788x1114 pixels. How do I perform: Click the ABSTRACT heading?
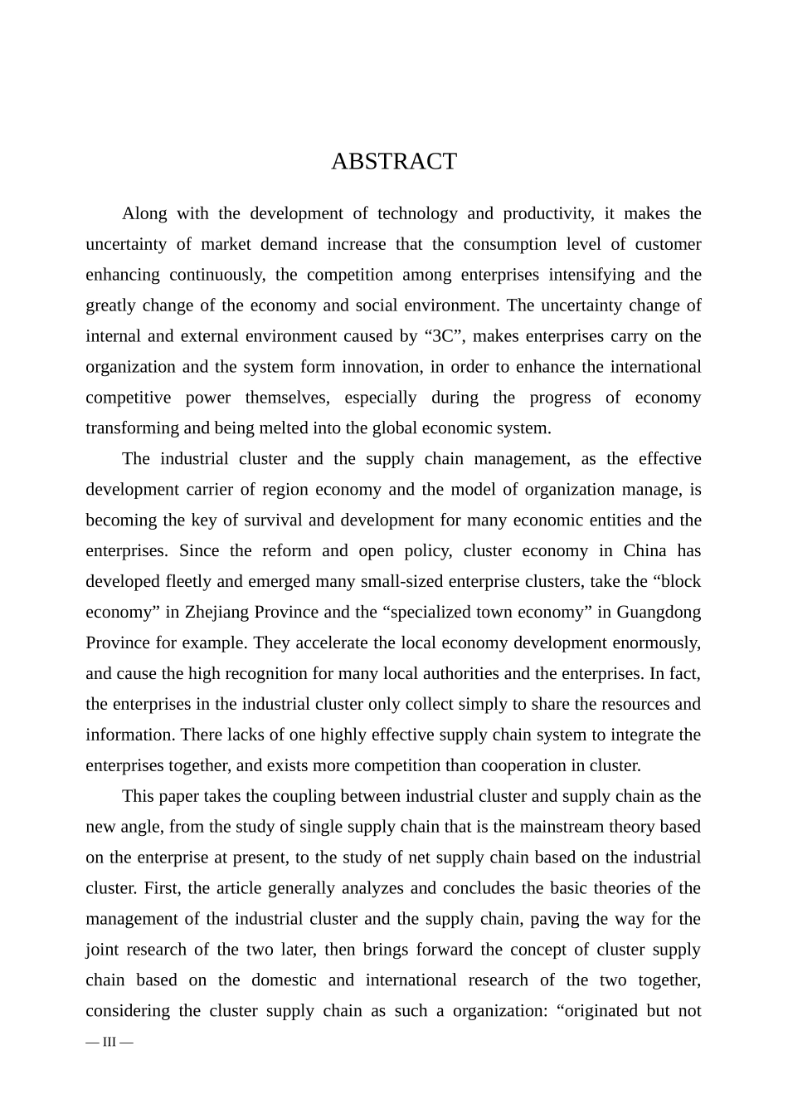tap(394, 162)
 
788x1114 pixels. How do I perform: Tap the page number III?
tap(109, 1042)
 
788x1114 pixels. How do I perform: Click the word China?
tap(645, 551)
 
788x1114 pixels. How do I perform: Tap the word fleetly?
tap(191, 582)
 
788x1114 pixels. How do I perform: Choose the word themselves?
tap(287, 398)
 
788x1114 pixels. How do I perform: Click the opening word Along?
tap(144, 213)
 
